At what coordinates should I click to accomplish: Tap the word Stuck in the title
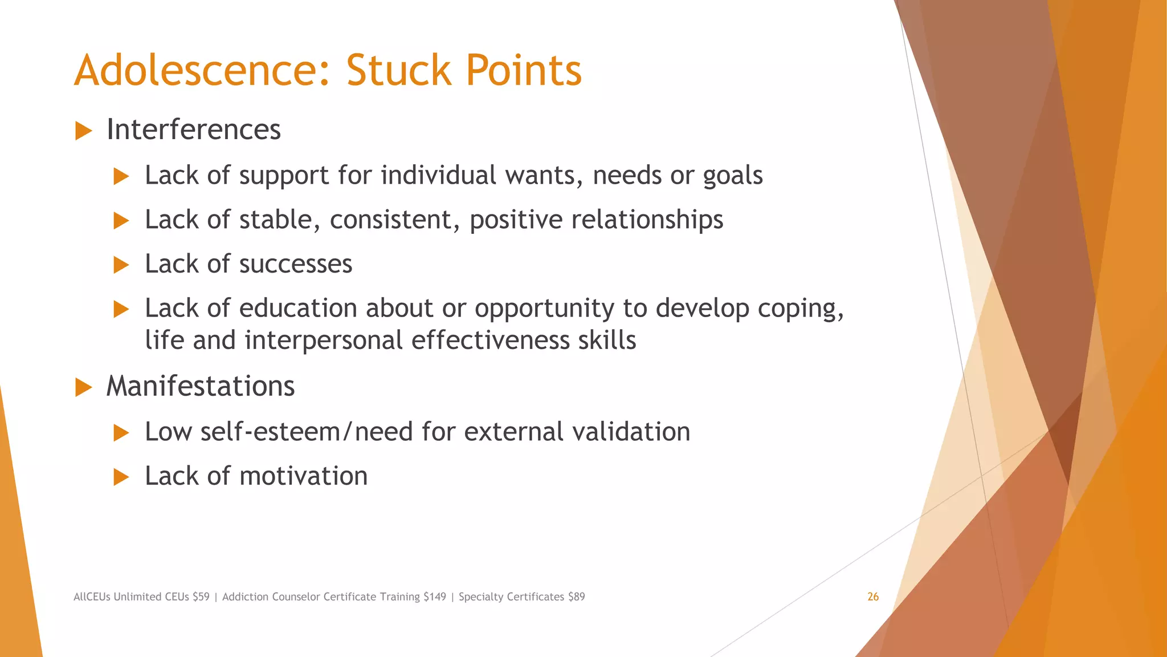point(399,70)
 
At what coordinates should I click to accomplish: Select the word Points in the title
point(523,70)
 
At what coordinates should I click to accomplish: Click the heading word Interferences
point(194,129)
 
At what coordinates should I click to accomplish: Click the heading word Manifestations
point(201,386)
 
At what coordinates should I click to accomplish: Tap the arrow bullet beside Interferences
point(83,131)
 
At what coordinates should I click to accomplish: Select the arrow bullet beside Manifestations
point(83,387)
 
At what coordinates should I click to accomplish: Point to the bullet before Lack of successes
point(121,265)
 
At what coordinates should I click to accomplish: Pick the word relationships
point(647,220)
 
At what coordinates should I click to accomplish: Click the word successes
point(296,264)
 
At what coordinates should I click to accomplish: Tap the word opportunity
point(544,309)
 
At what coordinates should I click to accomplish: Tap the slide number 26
point(873,597)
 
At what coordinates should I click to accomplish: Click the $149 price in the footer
point(435,597)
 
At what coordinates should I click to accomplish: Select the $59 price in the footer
point(201,597)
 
